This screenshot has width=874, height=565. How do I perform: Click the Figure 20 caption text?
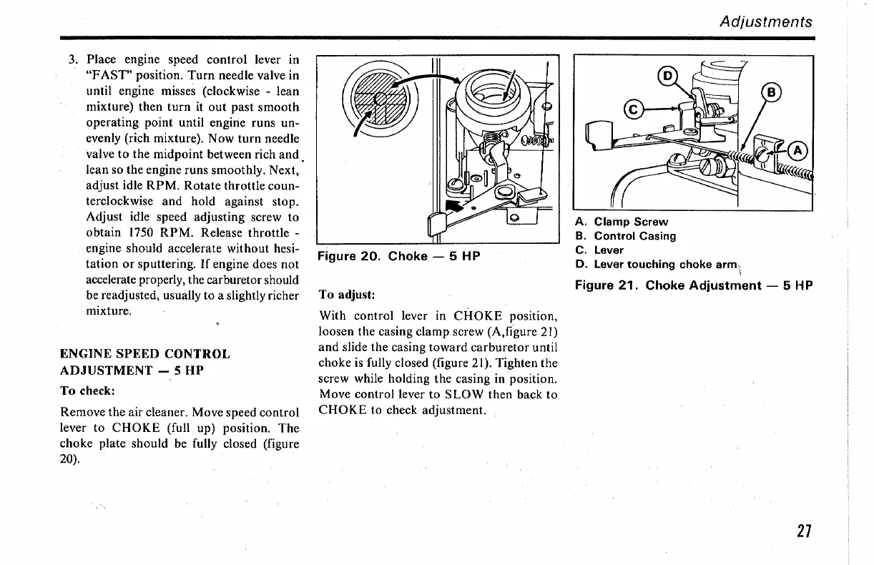tap(398, 256)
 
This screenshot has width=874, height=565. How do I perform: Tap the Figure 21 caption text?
tap(694, 285)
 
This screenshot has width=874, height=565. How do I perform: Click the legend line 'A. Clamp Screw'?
tap(622, 222)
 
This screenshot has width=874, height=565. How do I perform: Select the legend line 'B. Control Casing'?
tap(626, 236)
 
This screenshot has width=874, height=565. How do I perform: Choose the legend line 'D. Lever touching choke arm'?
tap(657, 264)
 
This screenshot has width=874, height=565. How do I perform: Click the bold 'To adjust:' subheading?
tap(347, 295)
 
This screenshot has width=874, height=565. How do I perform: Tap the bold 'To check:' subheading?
tap(89, 390)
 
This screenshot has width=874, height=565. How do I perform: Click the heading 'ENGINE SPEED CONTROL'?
tap(145, 354)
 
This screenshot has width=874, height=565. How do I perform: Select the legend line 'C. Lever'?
tap(599, 250)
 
